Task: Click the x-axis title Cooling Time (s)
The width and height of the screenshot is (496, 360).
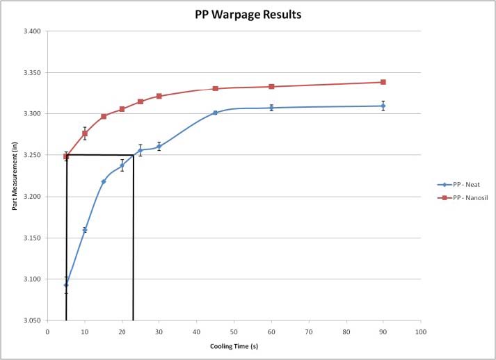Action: coord(233,345)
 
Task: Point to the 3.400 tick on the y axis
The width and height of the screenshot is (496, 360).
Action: coord(31,31)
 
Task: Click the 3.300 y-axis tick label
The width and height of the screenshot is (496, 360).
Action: coord(31,114)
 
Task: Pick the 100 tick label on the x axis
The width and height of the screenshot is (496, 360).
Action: coord(420,332)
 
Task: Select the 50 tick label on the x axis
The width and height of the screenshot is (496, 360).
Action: coord(234,332)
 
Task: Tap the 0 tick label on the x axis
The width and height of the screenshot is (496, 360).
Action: coord(47,332)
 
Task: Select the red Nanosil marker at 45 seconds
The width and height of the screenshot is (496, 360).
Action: coord(216,88)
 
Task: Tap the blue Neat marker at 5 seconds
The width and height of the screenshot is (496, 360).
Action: coord(66,285)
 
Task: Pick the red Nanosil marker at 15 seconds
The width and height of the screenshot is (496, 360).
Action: coord(104,116)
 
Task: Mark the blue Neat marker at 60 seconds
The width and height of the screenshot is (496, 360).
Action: coord(271,108)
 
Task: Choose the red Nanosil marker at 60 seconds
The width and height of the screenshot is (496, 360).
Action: coord(271,86)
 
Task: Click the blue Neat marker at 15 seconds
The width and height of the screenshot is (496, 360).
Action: coord(104,181)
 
